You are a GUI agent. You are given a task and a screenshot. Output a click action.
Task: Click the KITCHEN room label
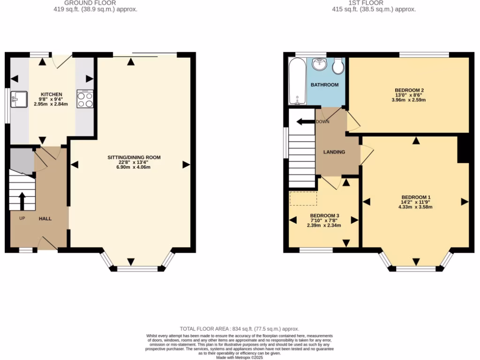pyautogui.click(x=52, y=94)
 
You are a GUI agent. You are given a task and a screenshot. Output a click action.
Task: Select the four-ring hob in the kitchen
pyautogui.click(x=85, y=99)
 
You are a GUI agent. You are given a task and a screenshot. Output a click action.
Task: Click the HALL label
pyautogui.click(x=45, y=218)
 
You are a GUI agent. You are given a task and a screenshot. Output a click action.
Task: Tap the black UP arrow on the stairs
pyautogui.click(x=22, y=201)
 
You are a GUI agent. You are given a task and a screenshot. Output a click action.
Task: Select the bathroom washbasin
pyautogui.click(x=320, y=64)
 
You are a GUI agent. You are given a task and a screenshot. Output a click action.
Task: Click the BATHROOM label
pyautogui.click(x=324, y=85)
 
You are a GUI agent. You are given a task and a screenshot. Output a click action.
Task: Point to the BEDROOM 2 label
pyautogui.click(x=409, y=90)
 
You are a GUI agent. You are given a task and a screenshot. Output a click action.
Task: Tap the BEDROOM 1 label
pyautogui.click(x=415, y=197)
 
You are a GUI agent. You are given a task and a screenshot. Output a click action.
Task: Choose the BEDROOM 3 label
pyautogui.click(x=324, y=216)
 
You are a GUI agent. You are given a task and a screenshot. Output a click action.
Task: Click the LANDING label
pyautogui.click(x=334, y=152)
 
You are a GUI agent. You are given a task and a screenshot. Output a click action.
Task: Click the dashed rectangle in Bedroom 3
pyautogui.click(x=303, y=199)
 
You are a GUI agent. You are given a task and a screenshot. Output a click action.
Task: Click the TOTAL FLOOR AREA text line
pyautogui.click(x=240, y=329)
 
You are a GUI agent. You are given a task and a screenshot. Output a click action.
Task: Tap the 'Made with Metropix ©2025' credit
pyautogui.click(x=240, y=357)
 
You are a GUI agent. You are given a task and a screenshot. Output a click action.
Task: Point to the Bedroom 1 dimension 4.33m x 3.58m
pyautogui.click(x=415, y=207)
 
